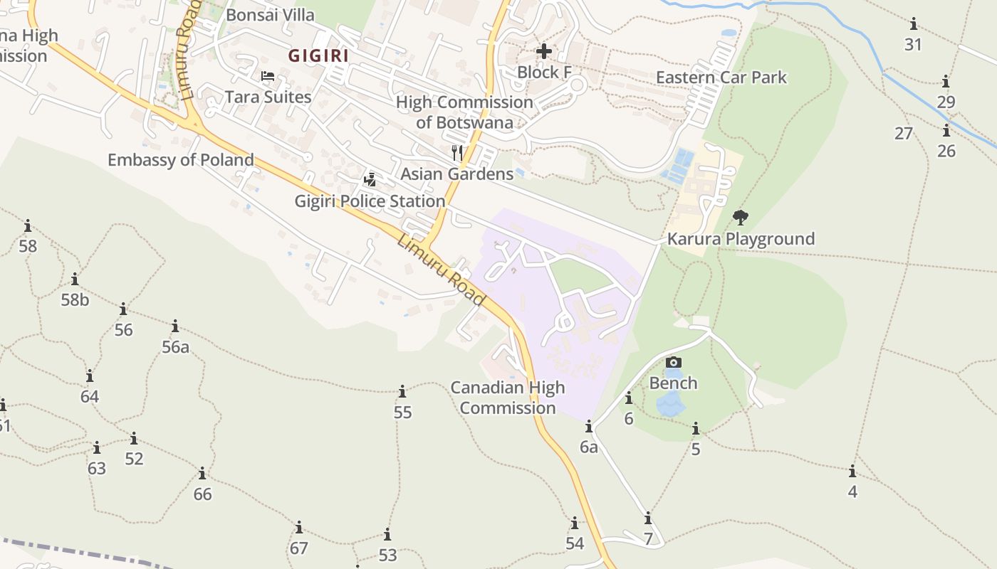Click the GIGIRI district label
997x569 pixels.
(x=318, y=55)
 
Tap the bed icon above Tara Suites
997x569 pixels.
(x=268, y=76)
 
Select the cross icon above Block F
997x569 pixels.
(x=544, y=51)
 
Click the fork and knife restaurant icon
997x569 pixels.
(x=457, y=152)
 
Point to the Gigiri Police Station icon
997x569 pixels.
(x=370, y=179)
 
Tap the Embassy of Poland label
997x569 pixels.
(x=181, y=159)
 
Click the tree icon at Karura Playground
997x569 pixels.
(x=741, y=217)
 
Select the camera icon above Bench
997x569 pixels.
(x=673, y=363)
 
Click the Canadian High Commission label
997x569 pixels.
(x=508, y=398)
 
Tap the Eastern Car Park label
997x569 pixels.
(x=721, y=77)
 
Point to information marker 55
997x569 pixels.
(x=402, y=392)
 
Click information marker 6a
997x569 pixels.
(x=589, y=427)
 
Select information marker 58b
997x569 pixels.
(x=75, y=279)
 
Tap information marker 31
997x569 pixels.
(x=913, y=23)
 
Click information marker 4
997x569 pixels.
(x=852, y=471)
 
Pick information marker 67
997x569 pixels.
(x=299, y=528)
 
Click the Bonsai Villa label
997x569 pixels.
(x=270, y=14)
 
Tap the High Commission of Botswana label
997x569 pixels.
(x=464, y=112)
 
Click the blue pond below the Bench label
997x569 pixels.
(x=669, y=404)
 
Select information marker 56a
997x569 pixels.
(x=175, y=326)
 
